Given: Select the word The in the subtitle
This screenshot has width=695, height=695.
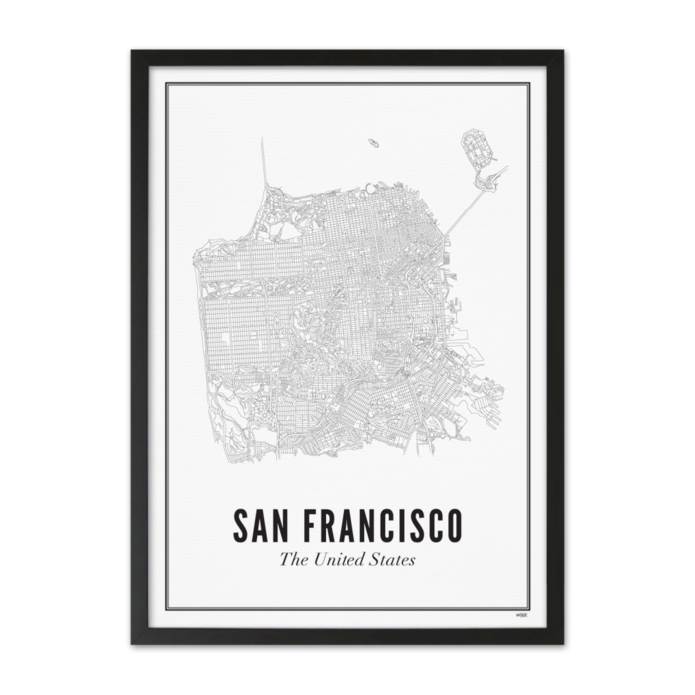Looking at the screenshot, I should coord(293,559).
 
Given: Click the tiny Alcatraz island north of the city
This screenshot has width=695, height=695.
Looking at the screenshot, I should coord(373,143).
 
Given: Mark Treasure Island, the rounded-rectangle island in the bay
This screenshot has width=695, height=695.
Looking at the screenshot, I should coord(478,149).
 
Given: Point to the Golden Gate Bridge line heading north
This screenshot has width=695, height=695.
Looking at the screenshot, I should coord(264,164).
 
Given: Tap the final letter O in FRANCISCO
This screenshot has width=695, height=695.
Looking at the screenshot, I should coord(453,526).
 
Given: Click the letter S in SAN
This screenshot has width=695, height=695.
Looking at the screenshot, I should coord(240,526).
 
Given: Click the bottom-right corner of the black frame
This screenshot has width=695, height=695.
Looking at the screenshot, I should coord(562,643).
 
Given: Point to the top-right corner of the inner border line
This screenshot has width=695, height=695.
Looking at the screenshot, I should coord(529,84).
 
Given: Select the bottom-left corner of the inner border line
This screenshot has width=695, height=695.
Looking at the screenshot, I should coord(166,609).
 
